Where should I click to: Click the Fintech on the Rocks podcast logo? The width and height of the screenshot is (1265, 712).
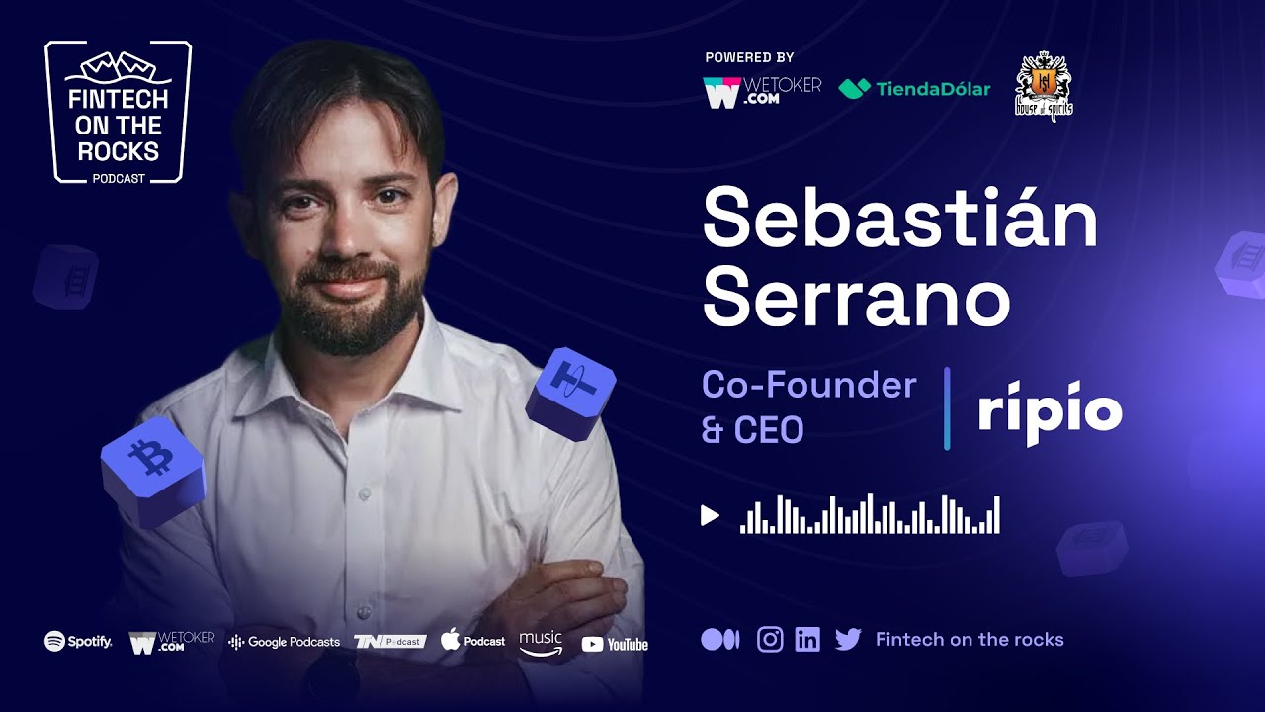(x=118, y=113)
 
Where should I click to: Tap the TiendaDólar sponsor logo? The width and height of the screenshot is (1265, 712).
(x=914, y=89)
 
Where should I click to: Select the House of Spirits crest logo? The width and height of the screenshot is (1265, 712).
(x=1044, y=87)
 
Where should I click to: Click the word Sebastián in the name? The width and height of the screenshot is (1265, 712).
(x=899, y=220)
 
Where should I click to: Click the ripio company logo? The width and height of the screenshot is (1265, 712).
(x=1050, y=410)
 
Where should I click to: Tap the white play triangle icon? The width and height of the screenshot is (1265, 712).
(x=710, y=515)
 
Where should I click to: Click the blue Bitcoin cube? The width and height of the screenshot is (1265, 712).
(x=153, y=469)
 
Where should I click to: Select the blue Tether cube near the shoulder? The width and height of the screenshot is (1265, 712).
(x=570, y=392)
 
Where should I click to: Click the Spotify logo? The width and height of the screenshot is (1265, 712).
(x=78, y=642)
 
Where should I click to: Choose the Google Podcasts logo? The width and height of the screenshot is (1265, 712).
(x=285, y=642)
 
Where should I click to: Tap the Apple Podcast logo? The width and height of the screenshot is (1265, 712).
(x=472, y=641)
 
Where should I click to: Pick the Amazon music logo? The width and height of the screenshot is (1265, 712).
(x=541, y=642)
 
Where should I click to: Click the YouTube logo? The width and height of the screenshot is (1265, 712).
(x=615, y=645)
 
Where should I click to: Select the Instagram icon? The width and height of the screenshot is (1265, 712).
(x=770, y=640)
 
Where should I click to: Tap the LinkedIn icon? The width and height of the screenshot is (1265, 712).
(x=807, y=640)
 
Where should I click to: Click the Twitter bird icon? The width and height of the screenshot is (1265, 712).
(x=848, y=640)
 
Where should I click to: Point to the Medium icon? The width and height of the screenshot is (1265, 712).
(x=719, y=640)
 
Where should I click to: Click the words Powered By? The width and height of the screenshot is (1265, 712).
(x=749, y=58)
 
